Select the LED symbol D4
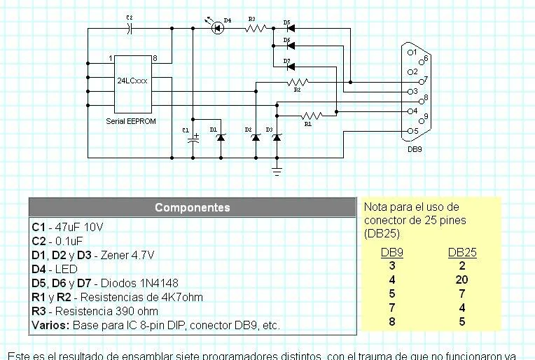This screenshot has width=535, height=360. pyautogui.click(x=217, y=28)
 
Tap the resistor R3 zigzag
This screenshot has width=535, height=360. pyautogui.click(x=256, y=29)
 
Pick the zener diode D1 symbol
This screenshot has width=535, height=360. pyautogui.click(x=221, y=138)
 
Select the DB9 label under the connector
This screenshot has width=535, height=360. pyautogui.click(x=415, y=148)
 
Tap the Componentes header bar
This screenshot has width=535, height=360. pyautogui.click(x=193, y=207)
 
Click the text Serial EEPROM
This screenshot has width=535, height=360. pyautogui.click(x=131, y=121)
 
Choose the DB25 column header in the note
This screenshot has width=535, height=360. pyautogui.click(x=461, y=253)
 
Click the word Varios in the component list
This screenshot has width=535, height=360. pyautogui.click(x=49, y=326)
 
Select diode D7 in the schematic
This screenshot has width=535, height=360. pyautogui.click(x=287, y=67)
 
